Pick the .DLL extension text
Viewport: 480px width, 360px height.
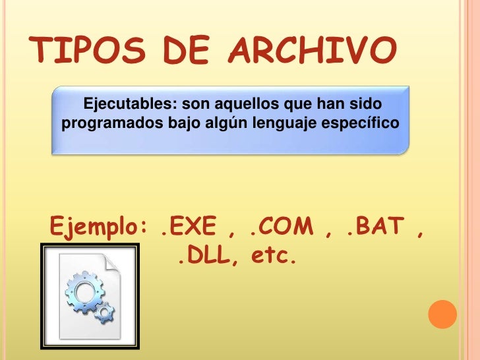point(204,255)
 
